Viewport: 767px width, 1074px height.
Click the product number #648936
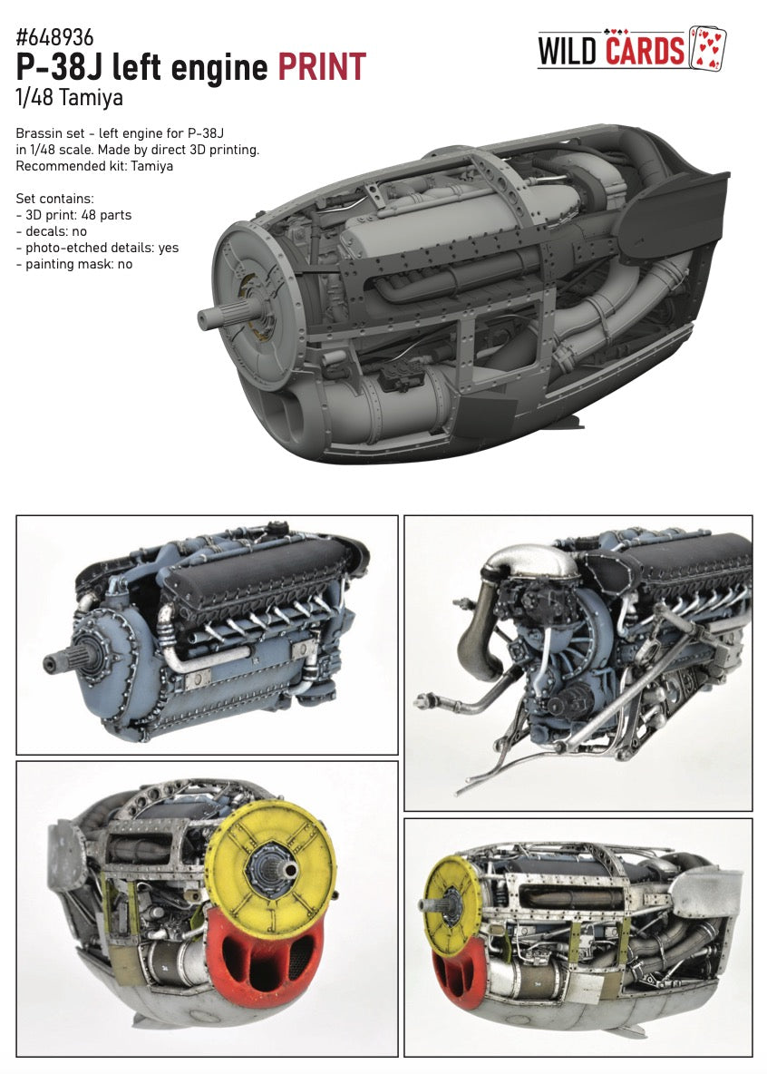click(x=54, y=37)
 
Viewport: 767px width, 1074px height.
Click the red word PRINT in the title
click(x=322, y=67)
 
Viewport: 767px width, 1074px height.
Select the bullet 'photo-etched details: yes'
click(x=95, y=247)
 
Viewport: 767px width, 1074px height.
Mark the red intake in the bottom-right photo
click(x=447, y=975)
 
